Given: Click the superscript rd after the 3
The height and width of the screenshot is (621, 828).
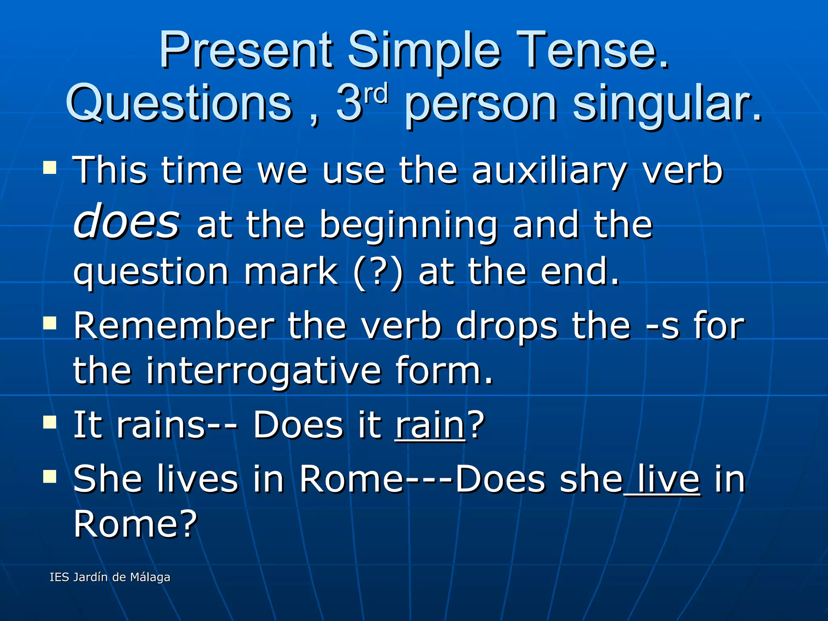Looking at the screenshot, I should [376, 94].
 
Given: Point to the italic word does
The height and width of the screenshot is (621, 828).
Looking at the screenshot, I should [126, 221].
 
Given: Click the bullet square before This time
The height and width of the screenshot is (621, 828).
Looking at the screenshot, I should [50, 167].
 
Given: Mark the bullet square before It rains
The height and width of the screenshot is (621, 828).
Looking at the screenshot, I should [50, 422].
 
